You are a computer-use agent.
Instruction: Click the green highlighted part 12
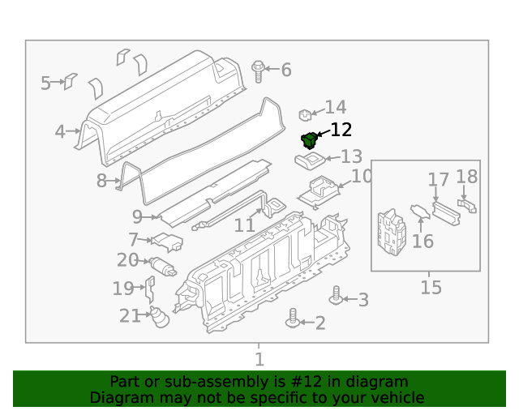click(x=309, y=140)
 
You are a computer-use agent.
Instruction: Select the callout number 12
click(x=341, y=130)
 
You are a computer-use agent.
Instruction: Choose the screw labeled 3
click(x=335, y=296)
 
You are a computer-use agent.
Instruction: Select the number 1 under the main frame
click(x=259, y=359)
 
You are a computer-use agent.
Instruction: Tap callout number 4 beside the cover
click(x=60, y=131)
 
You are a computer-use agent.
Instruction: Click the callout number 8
click(x=101, y=181)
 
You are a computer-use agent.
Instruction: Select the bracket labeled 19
click(x=149, y=287)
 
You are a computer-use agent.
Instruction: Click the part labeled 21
click(x=158, y=317)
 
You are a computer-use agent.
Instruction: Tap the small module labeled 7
click(x=168, y=242)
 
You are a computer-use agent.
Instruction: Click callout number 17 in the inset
click(x=438, y=179)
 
